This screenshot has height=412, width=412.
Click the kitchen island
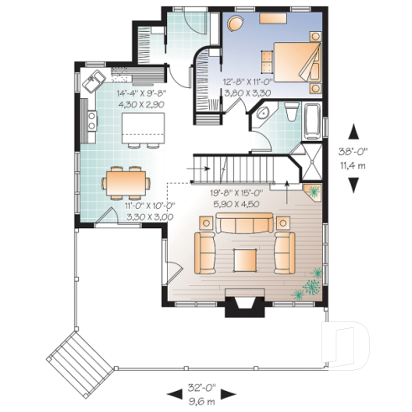coord(140,128)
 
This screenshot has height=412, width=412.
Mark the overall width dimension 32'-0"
coord(201,389)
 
